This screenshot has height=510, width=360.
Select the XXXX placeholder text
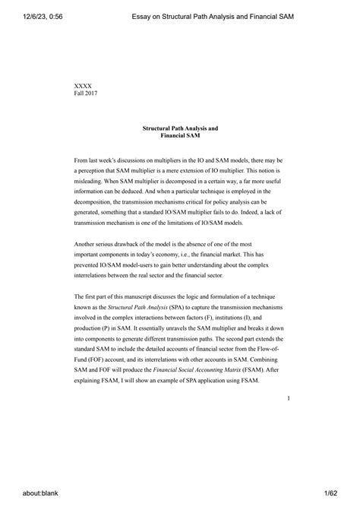click(83, 86)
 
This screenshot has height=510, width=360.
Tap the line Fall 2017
click(86, 93)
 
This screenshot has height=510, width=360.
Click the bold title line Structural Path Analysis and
click(180, 128)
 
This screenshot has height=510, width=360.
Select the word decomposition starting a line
click(98, 204)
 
